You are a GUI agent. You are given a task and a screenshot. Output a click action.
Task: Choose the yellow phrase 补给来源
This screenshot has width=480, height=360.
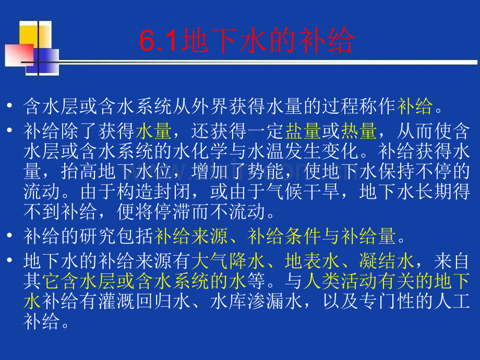190,237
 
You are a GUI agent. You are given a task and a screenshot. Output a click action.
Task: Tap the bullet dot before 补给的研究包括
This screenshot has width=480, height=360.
11,237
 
